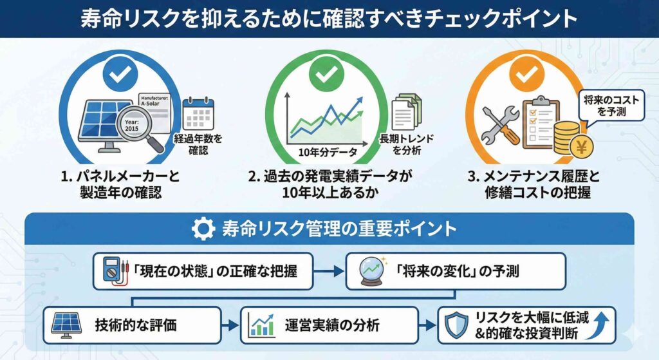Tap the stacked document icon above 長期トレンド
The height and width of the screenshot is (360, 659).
click(x=406, y=111)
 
